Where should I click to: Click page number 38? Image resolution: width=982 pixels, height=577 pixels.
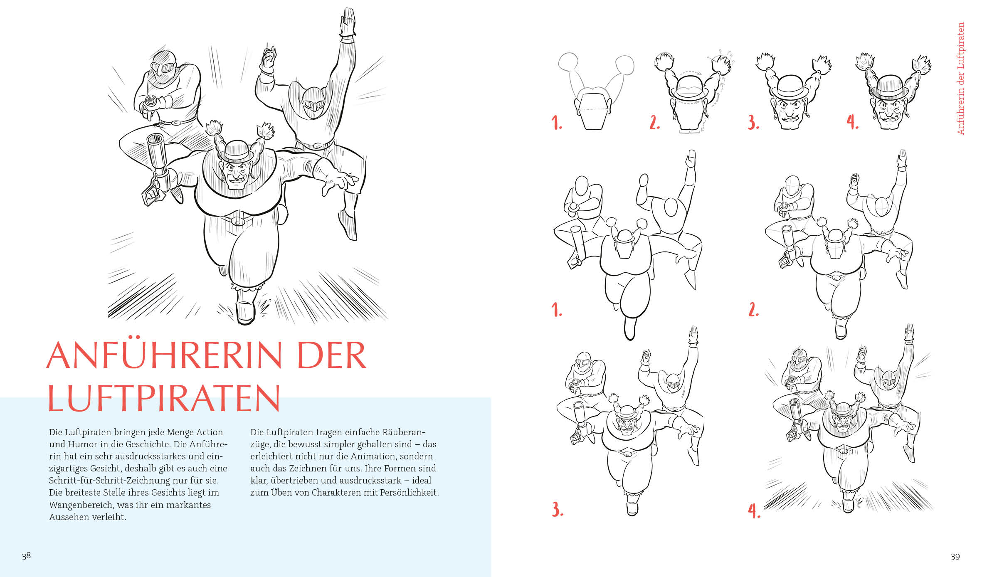pos(26,556)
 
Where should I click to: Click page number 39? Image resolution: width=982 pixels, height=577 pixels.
pos(955,557)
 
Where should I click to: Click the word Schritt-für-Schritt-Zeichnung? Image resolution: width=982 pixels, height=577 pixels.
pos(133,480)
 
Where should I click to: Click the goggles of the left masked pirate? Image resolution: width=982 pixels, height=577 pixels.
pos(163,68)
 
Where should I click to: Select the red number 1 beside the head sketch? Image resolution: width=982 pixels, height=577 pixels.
pos(557,123)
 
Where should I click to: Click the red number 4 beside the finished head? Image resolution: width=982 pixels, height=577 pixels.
pos(852,122)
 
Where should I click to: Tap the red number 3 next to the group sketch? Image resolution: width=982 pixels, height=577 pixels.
pos(558,509)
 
